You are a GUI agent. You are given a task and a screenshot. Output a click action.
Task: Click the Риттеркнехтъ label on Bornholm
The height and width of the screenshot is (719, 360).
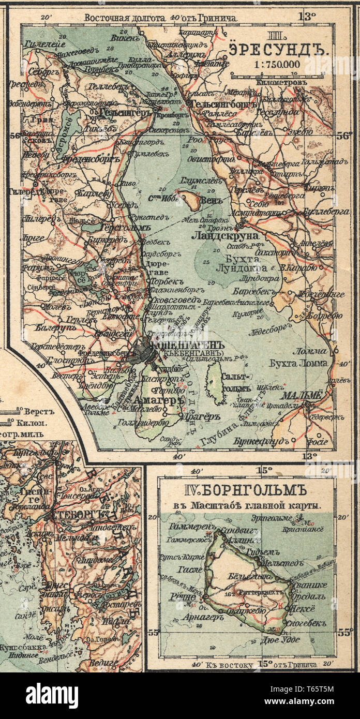click(x=259, y=592)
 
